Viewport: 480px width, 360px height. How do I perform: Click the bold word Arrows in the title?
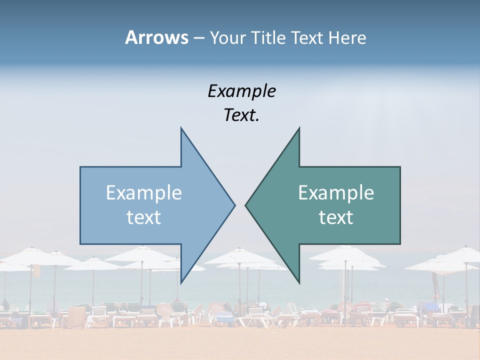(x=156, y=37)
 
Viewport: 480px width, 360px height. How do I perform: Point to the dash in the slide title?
(x=198, y=38)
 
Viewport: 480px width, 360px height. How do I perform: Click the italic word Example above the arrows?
(x=241, y=91)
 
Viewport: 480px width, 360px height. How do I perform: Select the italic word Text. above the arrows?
(x=241, y=115)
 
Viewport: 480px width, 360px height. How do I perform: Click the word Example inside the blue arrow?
(x=144, y=192)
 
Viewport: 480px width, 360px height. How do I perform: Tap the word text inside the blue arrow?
(x=144, y=217)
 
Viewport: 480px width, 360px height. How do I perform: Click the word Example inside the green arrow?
(x=336, y=192)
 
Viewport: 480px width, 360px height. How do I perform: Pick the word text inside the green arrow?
(x=336, y=217)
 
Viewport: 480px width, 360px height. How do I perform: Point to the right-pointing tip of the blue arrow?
(x=235, y=205)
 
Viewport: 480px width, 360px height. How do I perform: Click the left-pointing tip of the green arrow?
(x=245, y=205)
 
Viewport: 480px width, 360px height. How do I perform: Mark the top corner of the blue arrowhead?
(x=181, y=127)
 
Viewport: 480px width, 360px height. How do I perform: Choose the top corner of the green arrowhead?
(x=299, y=127)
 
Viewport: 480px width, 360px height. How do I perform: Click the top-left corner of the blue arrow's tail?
(x=80, y=167)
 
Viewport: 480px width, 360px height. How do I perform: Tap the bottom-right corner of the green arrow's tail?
(x=400, y=244)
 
